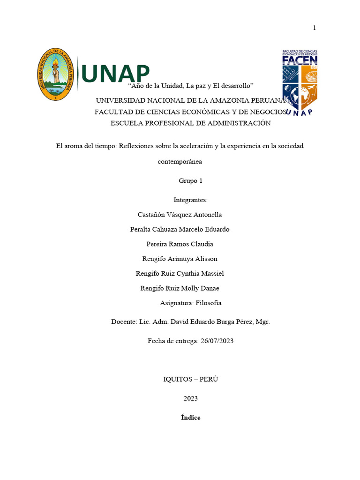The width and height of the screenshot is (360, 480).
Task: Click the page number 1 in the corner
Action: (315, 28)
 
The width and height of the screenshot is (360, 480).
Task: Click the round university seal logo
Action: (55, 74)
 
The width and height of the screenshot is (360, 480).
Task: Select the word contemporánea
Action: (180, 161)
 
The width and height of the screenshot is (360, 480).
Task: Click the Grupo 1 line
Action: (190, 180)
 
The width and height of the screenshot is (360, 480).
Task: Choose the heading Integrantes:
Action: (190, 200)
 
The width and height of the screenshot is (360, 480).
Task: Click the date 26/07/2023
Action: (217, 341)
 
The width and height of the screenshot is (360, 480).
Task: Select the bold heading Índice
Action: (190, 417)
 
